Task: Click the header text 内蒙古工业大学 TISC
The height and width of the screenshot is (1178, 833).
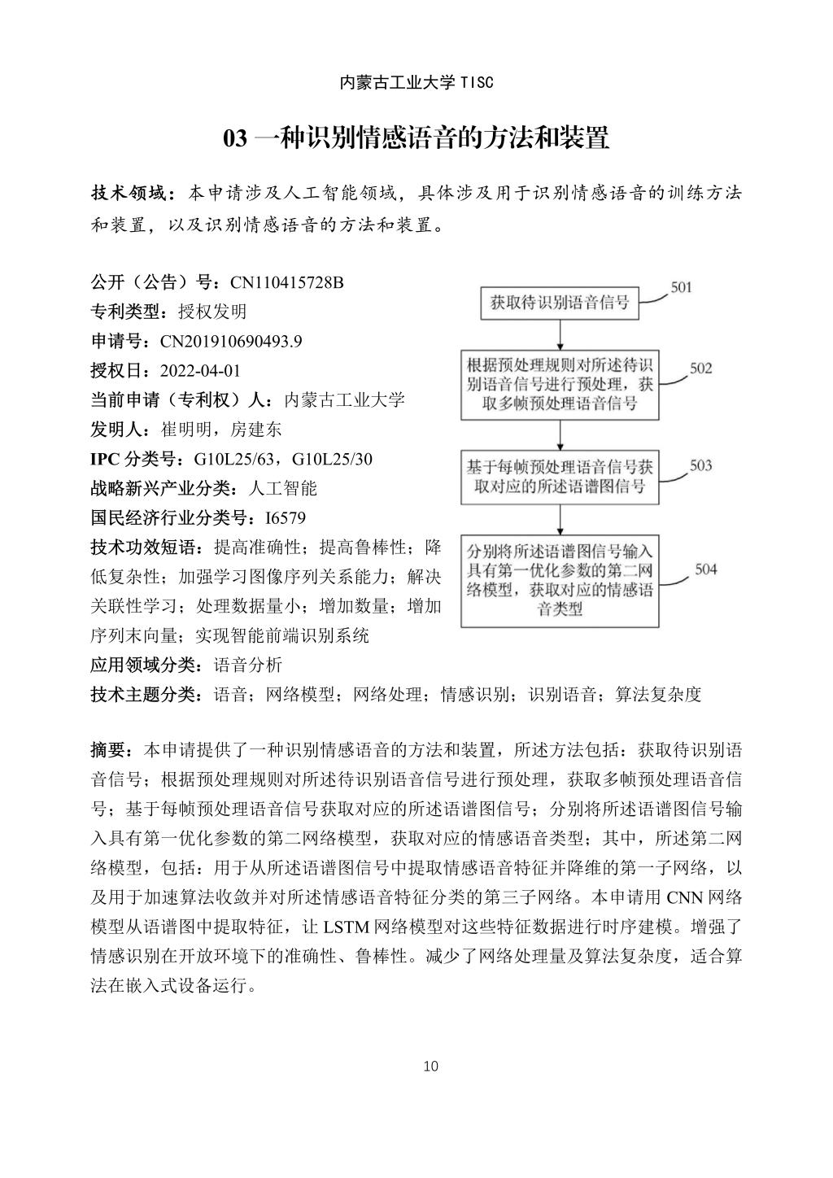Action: click(416, 82)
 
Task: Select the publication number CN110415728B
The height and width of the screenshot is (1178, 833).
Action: click(287, 282)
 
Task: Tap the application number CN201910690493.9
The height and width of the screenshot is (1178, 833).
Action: click(231, 341)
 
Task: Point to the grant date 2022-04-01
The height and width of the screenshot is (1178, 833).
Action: click(200, 371)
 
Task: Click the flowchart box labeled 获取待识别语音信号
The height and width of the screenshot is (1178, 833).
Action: click(560, 303)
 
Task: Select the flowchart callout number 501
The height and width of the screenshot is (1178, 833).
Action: click(680, 287)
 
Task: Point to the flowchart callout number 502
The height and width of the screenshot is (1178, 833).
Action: click(700, 368)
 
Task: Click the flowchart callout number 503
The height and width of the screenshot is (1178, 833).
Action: click(700, 465)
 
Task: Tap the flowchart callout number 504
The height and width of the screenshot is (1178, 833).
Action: click(705, 569)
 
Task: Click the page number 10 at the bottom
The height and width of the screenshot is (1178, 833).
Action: click(431, 1066)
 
